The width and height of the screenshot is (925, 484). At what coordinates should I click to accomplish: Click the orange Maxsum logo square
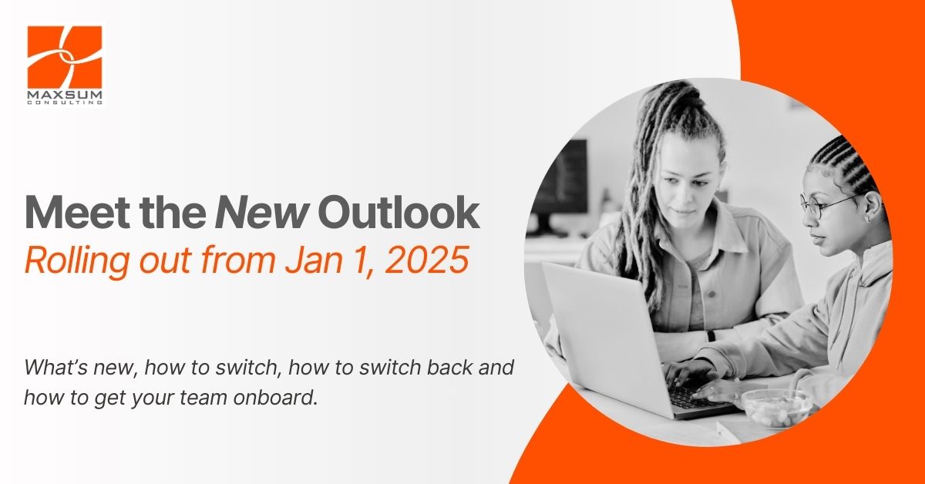(65, 56)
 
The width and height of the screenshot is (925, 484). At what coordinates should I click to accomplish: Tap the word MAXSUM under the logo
(65, 96)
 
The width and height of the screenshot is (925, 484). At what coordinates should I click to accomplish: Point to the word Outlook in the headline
(399, 213)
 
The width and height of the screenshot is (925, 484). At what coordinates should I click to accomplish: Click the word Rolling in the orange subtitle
(77, 261)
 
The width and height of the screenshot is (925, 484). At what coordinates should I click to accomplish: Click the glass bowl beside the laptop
(776, 408)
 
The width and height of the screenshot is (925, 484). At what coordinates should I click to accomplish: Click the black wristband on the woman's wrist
(711, 336)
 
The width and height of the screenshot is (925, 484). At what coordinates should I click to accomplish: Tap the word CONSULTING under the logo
(65, 103)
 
